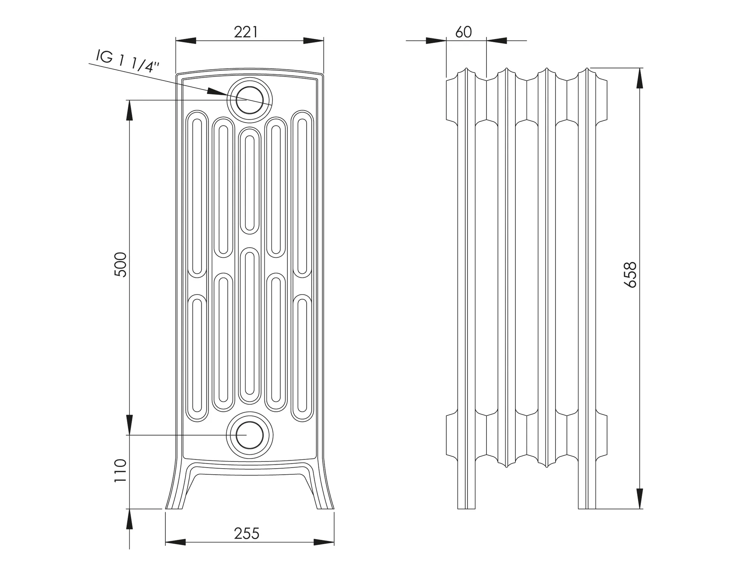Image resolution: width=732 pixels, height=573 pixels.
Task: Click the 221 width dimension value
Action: click(246, 33)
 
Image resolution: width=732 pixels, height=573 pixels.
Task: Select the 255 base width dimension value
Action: click(246, 534)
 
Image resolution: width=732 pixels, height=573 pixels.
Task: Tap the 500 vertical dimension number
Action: click(121, 265)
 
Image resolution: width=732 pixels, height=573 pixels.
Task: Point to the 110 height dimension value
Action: click(121, 471)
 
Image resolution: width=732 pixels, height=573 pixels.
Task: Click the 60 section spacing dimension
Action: click(464, 33)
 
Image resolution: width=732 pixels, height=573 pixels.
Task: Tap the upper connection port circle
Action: click(250, 100)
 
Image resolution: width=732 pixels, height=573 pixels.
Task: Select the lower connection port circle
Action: click(250, 435)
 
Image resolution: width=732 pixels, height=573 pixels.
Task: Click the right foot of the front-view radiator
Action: click(324, 500)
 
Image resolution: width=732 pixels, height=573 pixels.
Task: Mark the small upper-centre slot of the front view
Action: click(250, 181)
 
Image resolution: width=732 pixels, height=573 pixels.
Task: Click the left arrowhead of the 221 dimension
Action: click(186, 41)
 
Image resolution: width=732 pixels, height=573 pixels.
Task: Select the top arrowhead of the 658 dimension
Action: click(640, 78)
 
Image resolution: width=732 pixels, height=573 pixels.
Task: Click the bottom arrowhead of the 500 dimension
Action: click(129, 425)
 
